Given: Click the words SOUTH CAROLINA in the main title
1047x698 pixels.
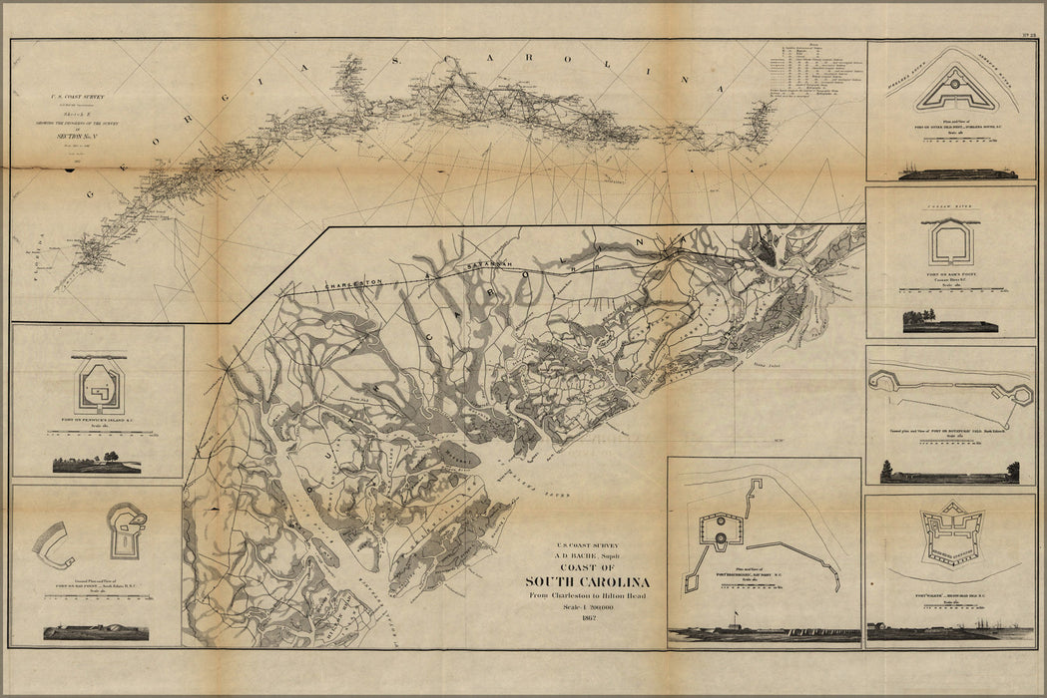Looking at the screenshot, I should click(x=588, y=582).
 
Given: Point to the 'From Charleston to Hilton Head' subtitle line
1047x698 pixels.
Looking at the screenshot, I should click(x=588, y=596).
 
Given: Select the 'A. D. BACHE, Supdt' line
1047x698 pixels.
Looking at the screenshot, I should click(x=588, y=556).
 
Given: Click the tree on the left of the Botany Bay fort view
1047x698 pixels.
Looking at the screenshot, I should click(x=885, y=469).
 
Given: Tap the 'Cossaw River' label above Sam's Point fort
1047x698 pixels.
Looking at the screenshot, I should click(x=949, y=200).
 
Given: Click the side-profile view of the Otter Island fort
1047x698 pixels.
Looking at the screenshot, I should click(x=957, y=174).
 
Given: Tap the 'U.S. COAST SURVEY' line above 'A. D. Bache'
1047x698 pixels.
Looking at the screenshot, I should click(x=588, y=545).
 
